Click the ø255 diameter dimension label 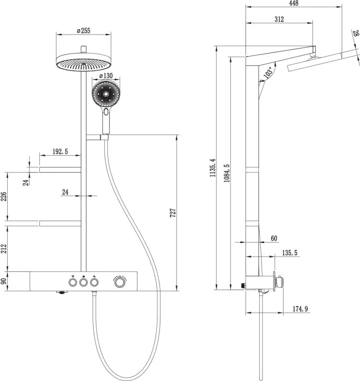(84, 31)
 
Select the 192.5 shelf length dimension (60, 152)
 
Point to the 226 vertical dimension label (3, 197)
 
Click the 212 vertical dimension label (3, 248)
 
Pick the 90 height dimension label (3, 281)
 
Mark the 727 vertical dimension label (173, 213)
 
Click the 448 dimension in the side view (293, 3)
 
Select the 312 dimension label (279, 19)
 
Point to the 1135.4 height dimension (213, 168)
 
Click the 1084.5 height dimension (227, 173)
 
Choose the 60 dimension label (274, 238)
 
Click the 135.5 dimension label (289, 253)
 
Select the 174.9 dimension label (300, 309)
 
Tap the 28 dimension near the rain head (356, 33)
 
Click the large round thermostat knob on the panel (120, 283)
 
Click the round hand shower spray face (106, 94)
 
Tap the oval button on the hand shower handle (106, 112)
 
